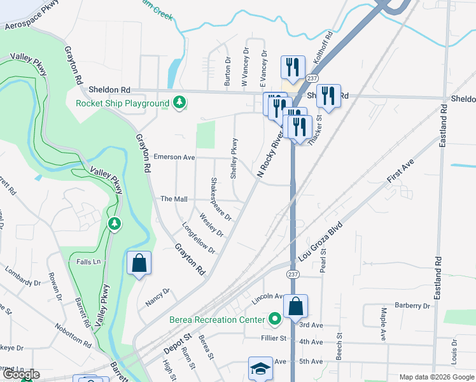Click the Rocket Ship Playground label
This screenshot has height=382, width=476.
(x=122, y=103)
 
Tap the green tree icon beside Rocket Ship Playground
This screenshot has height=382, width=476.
(x=180, y=103)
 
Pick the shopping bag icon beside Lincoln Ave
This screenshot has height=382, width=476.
(x=296, y=307)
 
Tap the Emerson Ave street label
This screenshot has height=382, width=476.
(x=174, y=157)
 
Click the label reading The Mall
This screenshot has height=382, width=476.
(x=174, y=199)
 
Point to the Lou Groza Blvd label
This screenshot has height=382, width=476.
(x=321, y=242)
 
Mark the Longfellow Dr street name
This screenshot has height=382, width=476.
(x=199, y=237)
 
